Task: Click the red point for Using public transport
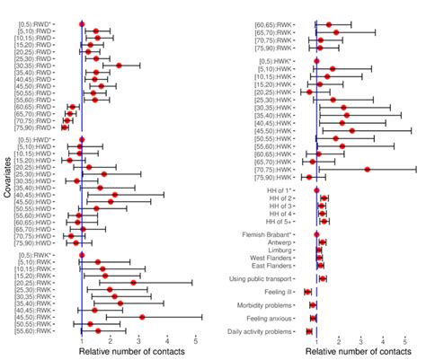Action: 323,279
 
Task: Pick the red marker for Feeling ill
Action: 308,292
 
